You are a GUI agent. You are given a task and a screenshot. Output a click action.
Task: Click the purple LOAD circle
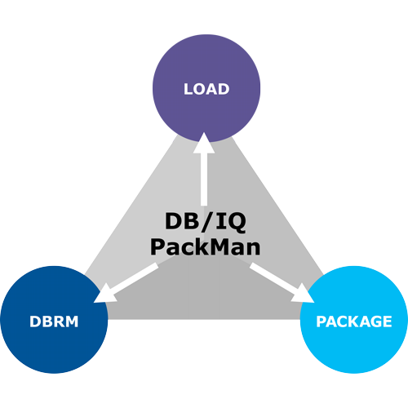click(x=206, y=88)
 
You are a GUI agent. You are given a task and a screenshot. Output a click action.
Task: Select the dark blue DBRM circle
click(x=54, y=320)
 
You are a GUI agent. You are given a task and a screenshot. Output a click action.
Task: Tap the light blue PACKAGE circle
click(x=354, y=320)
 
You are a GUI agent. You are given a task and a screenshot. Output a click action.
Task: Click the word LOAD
click(x=206, y=89)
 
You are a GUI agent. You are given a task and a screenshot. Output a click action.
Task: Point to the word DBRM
click(x=54, y=322)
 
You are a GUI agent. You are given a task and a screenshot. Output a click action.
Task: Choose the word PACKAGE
click(x=354, y=322)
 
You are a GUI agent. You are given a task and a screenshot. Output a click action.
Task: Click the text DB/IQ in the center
click(x=206, y=222)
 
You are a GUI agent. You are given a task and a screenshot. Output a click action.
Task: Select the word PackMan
click(x=206, y=246)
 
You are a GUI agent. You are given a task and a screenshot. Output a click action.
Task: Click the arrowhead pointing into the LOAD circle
click(x=204, y=143)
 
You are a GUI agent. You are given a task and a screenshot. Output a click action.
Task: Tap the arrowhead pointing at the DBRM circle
click(x=105, y=295)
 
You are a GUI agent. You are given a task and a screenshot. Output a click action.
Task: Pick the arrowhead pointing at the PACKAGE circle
click(x=303, y=294)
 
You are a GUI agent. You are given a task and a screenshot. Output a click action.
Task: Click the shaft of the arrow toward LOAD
click(x=204, y=179)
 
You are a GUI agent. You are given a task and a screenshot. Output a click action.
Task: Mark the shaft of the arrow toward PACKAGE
click(x=274, y=277)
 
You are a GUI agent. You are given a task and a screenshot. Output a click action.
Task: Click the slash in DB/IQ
click(x=206, y=223)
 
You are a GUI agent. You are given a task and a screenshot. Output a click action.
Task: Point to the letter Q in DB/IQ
click(x=237, y=223)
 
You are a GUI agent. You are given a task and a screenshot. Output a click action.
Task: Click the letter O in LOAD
click(x=202, y=89)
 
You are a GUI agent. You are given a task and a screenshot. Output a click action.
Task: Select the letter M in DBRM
click(x=71, y=322)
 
